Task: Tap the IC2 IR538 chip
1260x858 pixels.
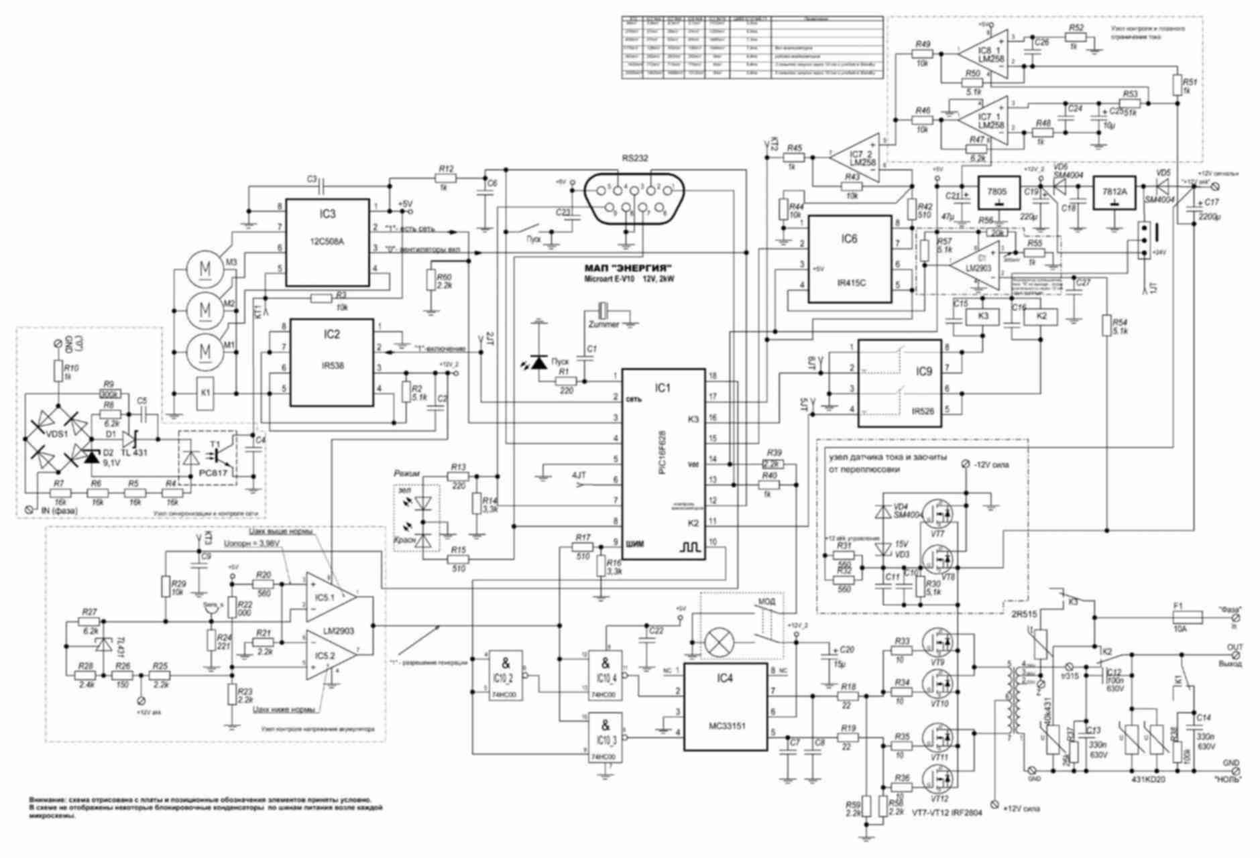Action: pyautogui.click(x=331, y=362)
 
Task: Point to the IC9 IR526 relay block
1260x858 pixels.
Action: pyautogui.click(x=900, y=383)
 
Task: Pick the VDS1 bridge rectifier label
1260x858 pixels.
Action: pyautogui.click(x=58, y=434)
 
